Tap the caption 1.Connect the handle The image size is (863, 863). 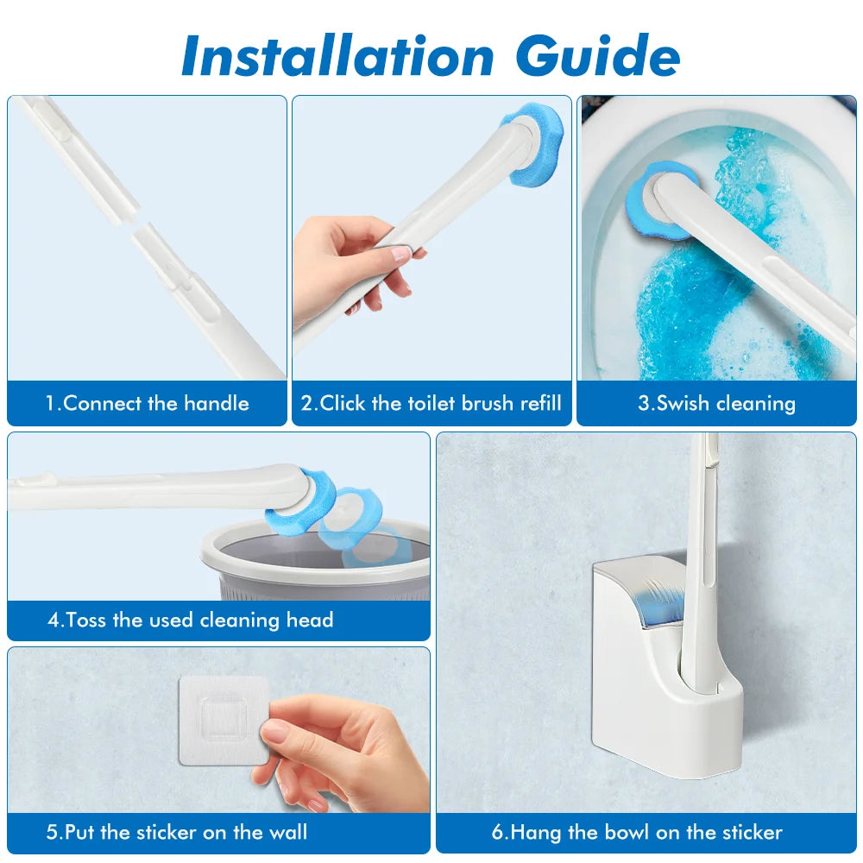(x=148, y=403)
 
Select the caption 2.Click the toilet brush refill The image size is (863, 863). (x=431, y=403)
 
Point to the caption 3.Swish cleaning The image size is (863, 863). (x=716, y=403)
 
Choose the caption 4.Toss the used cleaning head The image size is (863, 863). (x=191, y=620)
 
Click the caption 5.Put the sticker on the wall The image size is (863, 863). (x=177, y=833)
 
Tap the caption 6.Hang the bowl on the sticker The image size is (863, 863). (x=637, y=833)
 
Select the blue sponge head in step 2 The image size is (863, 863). (x=532, y=144)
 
